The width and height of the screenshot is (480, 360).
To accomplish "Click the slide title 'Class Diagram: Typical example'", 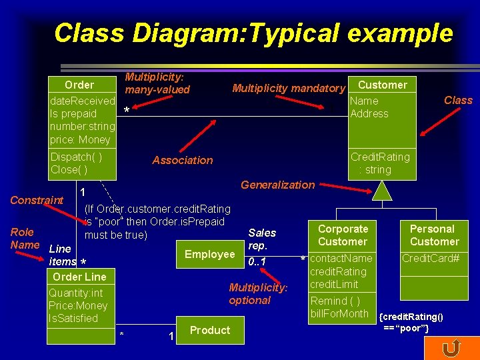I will tap(253, 32).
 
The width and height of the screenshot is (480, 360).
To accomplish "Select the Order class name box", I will tap(80, 85).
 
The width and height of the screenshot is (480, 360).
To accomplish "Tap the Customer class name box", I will tap(382, 85).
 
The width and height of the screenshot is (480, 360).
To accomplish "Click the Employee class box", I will tap(209, 254).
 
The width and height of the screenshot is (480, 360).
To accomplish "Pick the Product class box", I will tap(209, 330).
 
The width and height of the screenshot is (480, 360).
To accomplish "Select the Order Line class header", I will tap(79, 277).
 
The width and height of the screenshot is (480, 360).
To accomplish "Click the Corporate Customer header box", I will tap(343, 235).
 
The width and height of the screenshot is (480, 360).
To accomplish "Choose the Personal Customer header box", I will tap(434, 235).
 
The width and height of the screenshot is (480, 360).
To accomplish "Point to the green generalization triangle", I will tap(383, 191).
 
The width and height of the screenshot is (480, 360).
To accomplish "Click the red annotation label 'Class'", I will tap(458, 100).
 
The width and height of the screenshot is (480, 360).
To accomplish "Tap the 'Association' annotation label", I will tap(183, 160).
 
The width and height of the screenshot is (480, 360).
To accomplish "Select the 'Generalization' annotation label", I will tap(277, 185).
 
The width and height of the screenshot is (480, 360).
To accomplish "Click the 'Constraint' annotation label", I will tap(37, 200).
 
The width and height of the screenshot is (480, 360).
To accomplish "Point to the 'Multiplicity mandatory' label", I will tap(288, 88).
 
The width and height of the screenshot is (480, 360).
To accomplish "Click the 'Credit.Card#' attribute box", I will tap(431, 258).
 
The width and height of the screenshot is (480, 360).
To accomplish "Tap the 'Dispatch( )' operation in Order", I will tap(76, 157).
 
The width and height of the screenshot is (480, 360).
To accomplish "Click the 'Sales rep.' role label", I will tap(261, 239).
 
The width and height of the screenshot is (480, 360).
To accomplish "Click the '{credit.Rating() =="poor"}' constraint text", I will tap(411, 322).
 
